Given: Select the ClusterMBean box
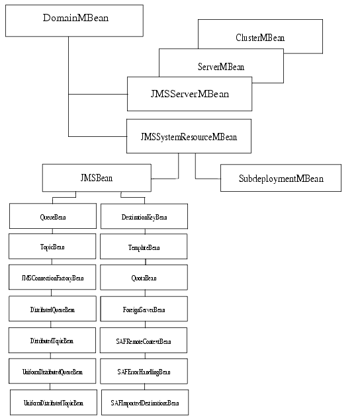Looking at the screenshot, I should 260,37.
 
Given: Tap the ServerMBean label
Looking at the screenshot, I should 220,67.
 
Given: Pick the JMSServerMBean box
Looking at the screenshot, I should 189,93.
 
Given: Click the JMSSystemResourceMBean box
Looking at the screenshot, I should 189,136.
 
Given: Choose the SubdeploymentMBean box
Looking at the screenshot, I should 281,178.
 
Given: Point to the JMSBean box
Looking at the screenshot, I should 96,178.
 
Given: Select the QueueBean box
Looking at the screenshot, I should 52,216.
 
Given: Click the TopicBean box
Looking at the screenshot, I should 52,247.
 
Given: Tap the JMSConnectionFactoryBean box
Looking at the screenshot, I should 52,277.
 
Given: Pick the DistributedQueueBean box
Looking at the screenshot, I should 52,309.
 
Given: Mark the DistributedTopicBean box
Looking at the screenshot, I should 52,340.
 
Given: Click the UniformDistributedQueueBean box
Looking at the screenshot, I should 52,371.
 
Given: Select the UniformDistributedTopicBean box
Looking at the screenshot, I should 53,402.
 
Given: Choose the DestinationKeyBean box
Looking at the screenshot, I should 144,216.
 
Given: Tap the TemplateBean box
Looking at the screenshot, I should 144,247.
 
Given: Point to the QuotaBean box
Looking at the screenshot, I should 144,277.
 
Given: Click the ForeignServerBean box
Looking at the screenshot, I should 144,309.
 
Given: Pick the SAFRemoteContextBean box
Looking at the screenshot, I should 144,340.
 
